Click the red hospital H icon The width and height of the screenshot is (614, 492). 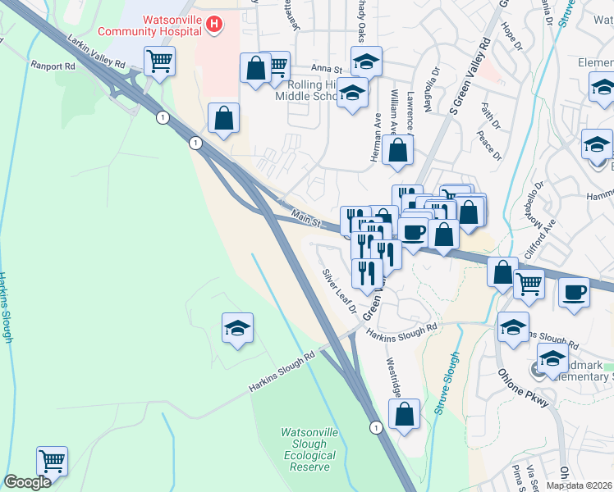[x=214, y=25]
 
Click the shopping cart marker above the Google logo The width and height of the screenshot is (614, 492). [x=52, y=461]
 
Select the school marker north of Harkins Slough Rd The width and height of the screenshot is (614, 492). [x=238, y=328]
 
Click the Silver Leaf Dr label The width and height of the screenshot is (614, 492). [x=339, y=291]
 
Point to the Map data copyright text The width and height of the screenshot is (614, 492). [x=579, y=485]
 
